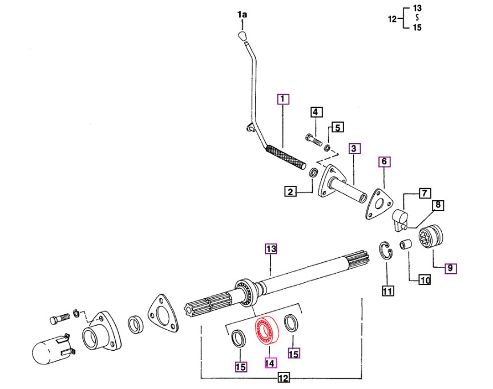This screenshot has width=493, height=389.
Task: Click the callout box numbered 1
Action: point(282,99)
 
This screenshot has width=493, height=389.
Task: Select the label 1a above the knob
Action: point(242,14)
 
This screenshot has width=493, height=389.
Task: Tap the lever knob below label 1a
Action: point(241,36)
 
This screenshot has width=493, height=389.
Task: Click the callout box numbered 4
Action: point(316,112)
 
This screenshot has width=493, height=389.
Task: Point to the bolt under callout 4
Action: point(313,140)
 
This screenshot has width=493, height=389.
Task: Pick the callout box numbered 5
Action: point(337,127)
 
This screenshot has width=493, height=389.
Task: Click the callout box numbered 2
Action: point(290,191)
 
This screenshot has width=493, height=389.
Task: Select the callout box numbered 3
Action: point(354,148)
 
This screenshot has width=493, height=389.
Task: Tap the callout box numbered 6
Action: point(384,162)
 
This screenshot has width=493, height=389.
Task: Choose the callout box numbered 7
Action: point(425,193)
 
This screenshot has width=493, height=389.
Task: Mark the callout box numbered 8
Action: point(438,205)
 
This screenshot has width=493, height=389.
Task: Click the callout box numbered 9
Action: point(451,268)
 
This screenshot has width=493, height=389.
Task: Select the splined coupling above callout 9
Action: point(431,236)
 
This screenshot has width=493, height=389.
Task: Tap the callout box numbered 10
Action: point(425,279)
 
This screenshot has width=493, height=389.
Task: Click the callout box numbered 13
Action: point(271,249)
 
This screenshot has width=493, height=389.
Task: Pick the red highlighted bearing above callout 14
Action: point(266,330)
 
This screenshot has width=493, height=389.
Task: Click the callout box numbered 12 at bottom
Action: point(284,378)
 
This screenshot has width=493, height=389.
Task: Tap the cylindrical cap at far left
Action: point(52,350)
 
